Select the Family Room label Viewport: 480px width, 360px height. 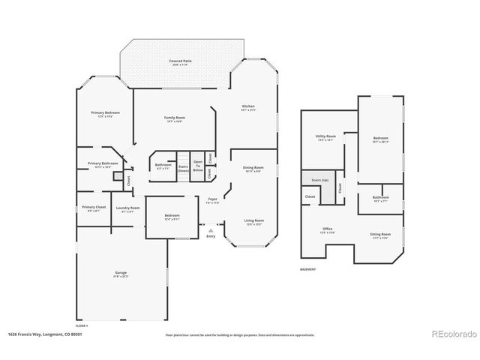(x=175, y=119)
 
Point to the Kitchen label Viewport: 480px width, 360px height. (x=248, y=107)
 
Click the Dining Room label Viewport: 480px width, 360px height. (x=253, y=169)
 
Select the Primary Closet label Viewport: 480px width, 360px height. (x=94, y=208)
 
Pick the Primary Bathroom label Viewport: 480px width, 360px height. (x=103, y=164)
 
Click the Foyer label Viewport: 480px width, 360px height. (x=212, y=200)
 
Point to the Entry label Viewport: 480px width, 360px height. (x=210, y=236)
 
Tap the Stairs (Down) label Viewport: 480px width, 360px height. (x=183, y=168)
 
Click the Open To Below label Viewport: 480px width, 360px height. (x=198, y=166)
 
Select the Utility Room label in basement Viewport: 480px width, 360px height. (x=325, y=137)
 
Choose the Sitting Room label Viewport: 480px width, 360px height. (x=379, y=236)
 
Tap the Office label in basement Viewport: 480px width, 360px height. (x=328, y=229)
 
